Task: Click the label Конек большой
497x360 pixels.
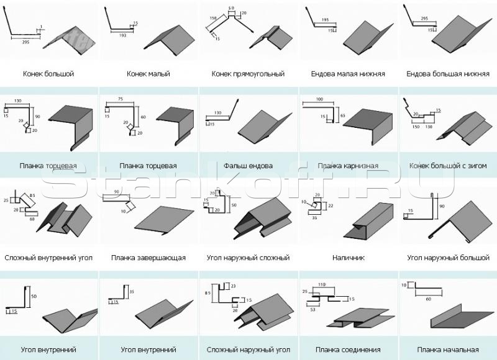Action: [x=48, y=74]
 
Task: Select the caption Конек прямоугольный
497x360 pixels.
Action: [x=248, y=74]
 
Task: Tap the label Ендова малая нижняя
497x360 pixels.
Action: [x=348, y=74]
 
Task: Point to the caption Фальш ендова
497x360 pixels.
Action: [x=248, y=166]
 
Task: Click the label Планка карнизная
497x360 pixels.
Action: [x=348, y=166]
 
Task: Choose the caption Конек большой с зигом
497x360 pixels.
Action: [x=447, y=166]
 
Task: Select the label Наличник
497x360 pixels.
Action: [x=348, y=257]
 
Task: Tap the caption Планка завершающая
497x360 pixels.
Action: [x=148, y=257]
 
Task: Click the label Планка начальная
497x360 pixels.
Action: [x=447, y=349]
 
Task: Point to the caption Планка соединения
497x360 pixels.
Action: [x=348, y=349]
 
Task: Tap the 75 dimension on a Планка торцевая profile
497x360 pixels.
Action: [x=119, y=99]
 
